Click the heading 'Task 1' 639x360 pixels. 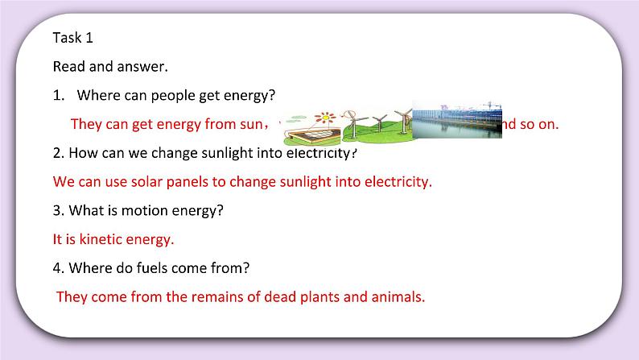click(73, 37)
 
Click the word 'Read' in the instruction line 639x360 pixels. click(69, 66)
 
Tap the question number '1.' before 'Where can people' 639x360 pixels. click(58, 95)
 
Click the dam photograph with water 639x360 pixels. click(456, 121)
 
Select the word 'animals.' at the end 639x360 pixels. click(398, 296)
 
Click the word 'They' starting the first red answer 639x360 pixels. click(88, 124)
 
